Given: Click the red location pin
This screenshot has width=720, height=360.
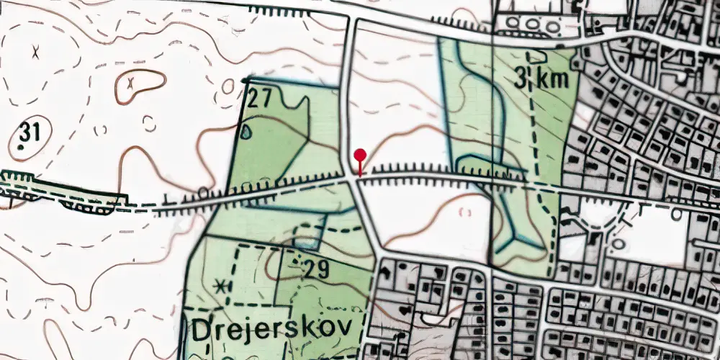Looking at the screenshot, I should point(360,156).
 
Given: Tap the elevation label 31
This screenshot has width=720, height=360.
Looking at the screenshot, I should point(30,132).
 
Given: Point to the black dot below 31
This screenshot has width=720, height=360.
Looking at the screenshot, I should point(21,148).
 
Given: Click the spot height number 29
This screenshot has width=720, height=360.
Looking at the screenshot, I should point(316,271).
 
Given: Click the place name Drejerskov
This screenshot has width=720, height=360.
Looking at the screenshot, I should point(273,328).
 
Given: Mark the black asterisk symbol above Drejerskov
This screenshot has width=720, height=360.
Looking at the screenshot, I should point(220,285).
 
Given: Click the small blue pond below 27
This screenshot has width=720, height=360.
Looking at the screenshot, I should point(248,132).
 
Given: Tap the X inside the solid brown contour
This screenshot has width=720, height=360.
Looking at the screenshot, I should point(130,84).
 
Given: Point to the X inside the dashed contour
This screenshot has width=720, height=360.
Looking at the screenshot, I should point(35,51).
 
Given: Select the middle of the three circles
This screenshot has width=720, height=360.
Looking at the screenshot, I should point(532,24).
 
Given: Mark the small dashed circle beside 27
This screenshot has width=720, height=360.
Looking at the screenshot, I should point(228,87).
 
